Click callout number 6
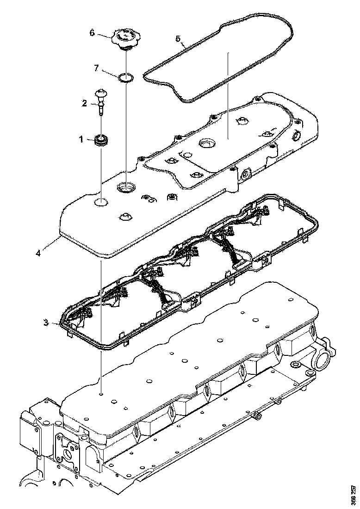[92, 32]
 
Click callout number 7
[96, 68]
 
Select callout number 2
[85, 104]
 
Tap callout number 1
[81, 138]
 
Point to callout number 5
[178, 38]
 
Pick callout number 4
[39, 253]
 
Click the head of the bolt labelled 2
[101, 94]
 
